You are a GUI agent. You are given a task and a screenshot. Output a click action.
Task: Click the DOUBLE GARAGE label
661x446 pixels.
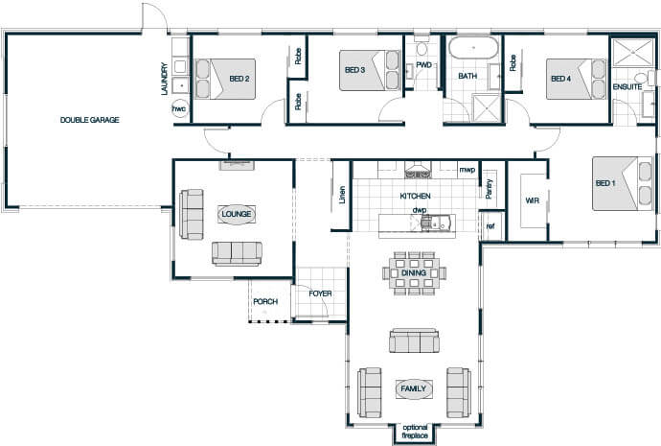point(90,120)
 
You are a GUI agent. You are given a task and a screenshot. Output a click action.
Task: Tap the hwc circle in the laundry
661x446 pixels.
point(179,109)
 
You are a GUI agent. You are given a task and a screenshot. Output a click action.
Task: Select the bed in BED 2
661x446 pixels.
point(225,79)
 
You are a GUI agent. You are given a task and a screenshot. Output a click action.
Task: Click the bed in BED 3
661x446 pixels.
point(370,70)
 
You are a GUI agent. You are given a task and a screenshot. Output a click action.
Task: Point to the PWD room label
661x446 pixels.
point(423,65)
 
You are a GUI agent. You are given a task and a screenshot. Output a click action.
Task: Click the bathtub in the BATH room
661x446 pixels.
point(473,48)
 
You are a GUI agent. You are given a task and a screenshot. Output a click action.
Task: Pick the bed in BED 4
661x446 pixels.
point(577,79)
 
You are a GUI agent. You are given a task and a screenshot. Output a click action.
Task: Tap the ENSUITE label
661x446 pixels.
point(627,87)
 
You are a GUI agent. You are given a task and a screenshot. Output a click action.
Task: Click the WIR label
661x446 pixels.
point(532,200)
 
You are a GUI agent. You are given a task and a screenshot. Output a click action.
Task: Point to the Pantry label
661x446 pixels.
point(489,189)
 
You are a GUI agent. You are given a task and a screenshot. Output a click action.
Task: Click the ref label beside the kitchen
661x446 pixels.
point(490,226)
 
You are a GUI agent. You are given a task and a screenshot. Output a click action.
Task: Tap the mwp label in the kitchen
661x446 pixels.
point(467,170)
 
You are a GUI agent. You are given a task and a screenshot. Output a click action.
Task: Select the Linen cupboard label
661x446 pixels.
point(342,195)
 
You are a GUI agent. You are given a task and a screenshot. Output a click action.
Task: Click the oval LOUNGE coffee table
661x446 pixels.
point(237,214)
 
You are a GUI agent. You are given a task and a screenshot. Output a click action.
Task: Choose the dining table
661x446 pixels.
point(414,273)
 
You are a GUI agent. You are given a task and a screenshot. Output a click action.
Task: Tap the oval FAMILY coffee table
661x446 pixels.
point(414,389)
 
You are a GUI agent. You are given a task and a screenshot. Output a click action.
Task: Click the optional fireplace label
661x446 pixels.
point(415,432)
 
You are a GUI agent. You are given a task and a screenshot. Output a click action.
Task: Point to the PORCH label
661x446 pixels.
point(265,302)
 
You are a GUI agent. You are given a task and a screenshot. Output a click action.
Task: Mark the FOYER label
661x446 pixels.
point(320,293)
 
